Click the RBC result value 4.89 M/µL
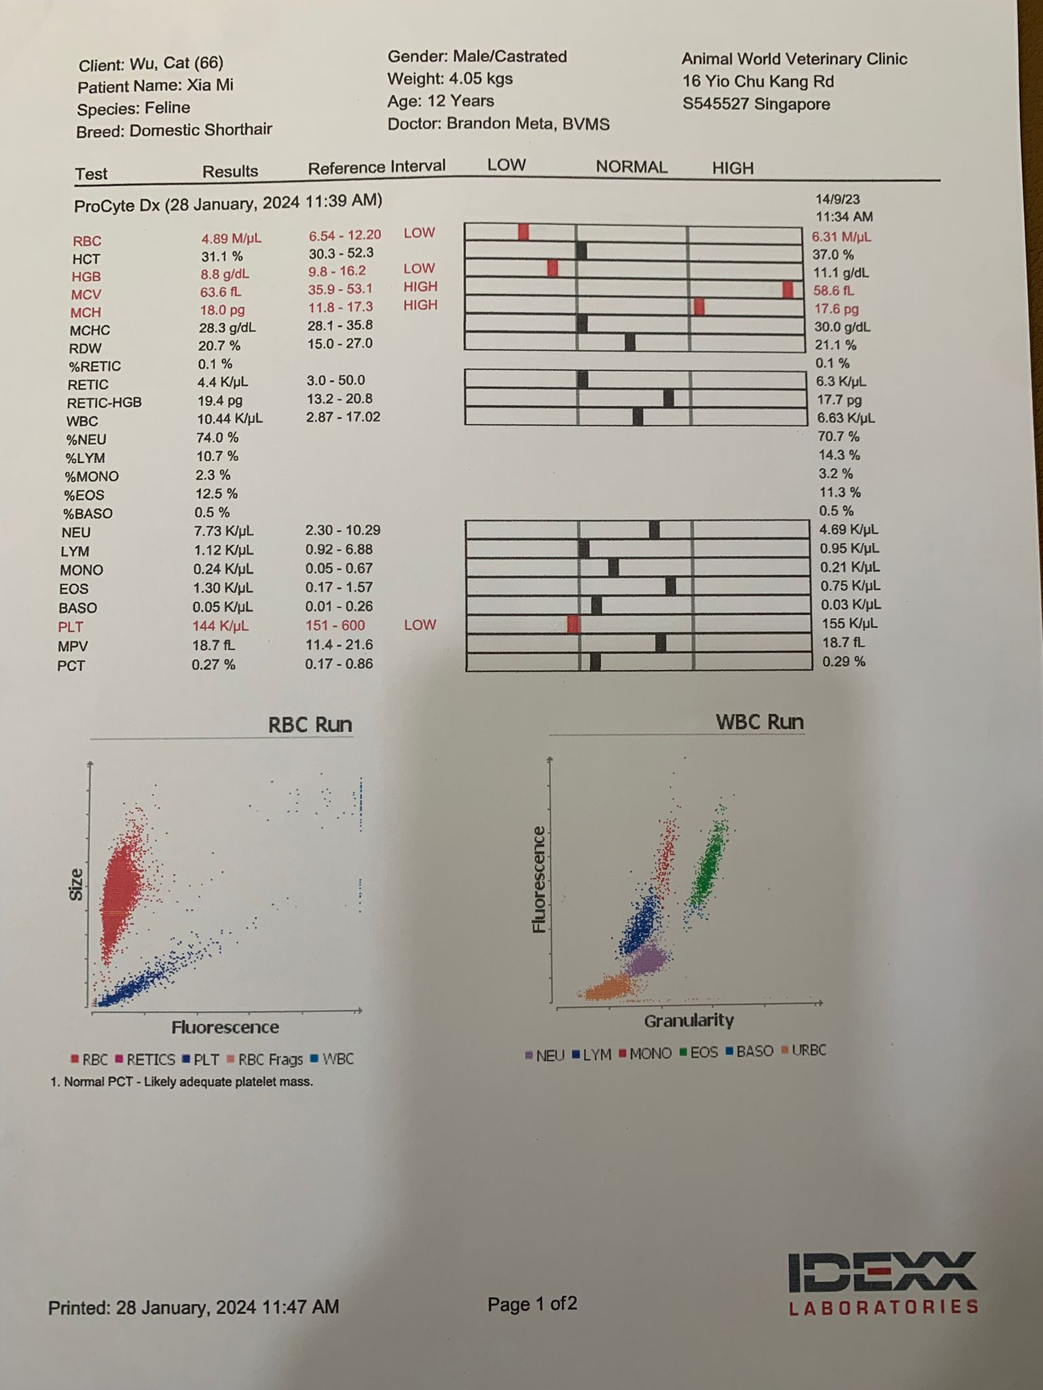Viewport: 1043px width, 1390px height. click(x=231, y=238)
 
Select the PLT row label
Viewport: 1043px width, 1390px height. click(x=71, y=627)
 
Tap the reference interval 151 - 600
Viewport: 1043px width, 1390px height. click(x=335, y=625)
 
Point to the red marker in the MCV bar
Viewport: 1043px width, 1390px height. click(x=787, y=290)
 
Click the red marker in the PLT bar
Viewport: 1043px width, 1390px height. click(x=574, y=624)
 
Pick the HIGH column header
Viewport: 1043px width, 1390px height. click(x=733, y=168)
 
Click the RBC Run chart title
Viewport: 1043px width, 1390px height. click(x=310, y=724)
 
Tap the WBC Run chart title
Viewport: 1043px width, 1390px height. click(x=759, y=721)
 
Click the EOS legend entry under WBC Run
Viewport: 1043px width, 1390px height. click(x=700, y=1053)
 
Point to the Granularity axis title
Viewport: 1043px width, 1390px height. click(x=689, y=1020)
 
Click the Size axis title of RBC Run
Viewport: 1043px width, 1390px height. click(x=76, y=885)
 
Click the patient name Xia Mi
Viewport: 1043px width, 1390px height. click(x=210, y=86)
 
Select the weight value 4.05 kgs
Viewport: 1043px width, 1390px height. click(x=480, y=79)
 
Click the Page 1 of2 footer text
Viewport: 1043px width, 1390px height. click(x=532, y=1304)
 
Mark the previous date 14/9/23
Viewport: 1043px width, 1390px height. click(x=837, y=200)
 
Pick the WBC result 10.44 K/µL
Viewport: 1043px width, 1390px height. click(x=230, y=418)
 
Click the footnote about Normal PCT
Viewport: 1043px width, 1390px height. click(x=181, y=1082)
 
